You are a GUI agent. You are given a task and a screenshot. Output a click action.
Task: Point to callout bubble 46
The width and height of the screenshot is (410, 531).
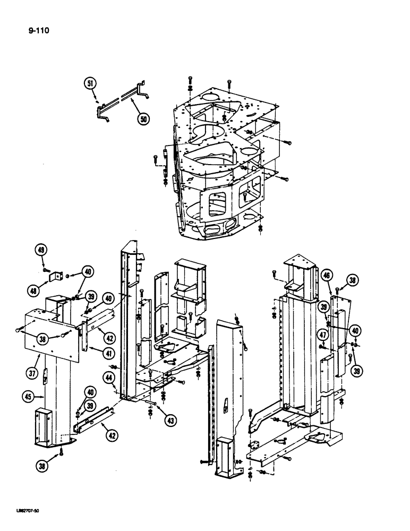[327, 275]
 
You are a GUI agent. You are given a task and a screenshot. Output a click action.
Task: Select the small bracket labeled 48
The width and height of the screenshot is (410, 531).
[56, 277]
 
